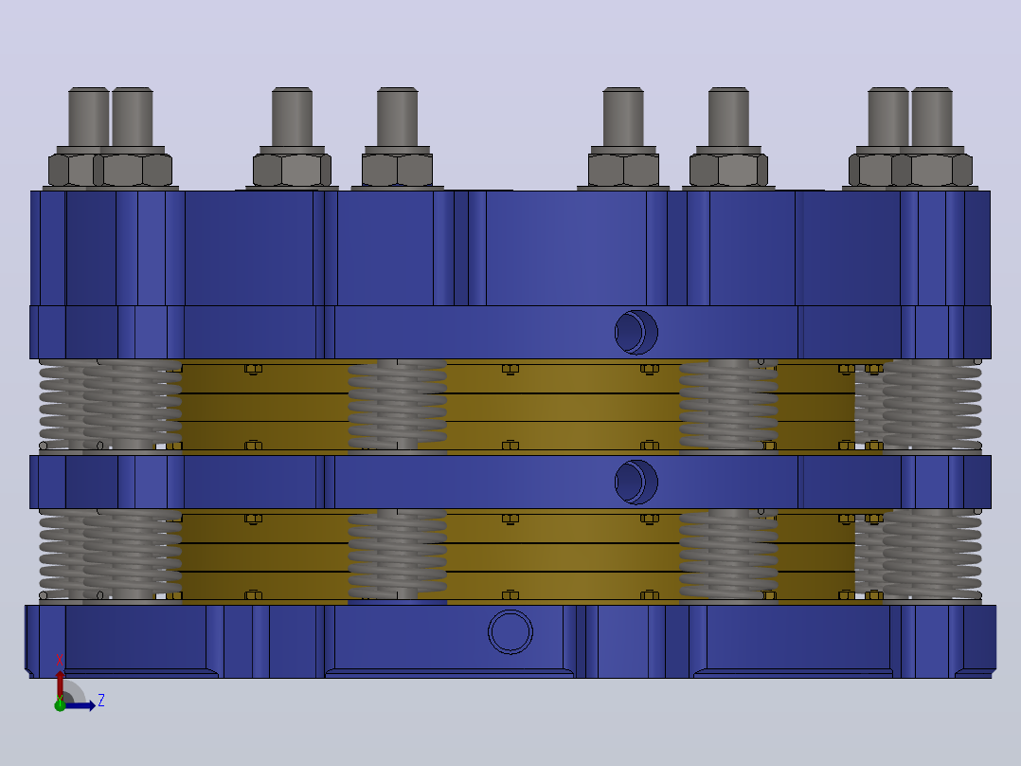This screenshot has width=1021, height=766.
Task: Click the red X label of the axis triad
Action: (x=60, y=659)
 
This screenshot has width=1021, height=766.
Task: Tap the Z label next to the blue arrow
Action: (x=101, y=701)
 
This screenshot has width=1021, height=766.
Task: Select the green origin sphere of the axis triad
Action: (x=60, y=704)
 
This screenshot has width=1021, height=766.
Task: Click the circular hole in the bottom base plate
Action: (x=510, y=631)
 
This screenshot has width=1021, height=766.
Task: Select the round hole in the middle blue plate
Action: (x=636, y=482)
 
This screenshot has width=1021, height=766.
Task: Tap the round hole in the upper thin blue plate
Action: (x=636, y=333)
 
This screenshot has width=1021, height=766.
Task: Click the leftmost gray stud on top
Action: (x=89, y=118)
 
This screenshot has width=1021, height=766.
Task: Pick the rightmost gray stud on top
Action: (x=932, y=118)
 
